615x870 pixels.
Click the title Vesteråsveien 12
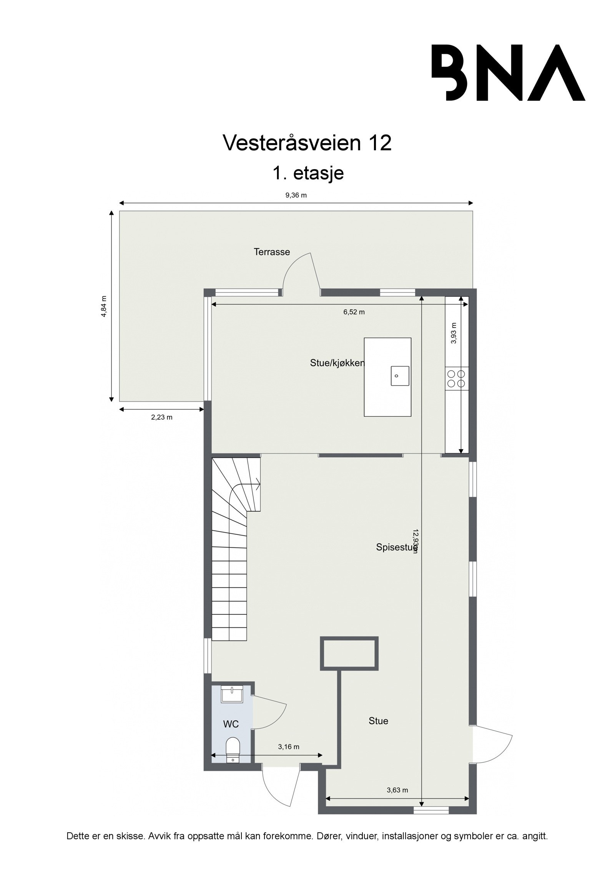pyautogui.click(x=307, y=143)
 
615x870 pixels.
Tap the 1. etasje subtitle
pyautogui.click(x=307, y=173)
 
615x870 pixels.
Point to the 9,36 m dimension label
pyautogui.click(x=296, y=195)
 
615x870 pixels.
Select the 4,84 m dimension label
pyautogui.click(x=103, y=306)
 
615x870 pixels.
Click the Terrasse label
pyautogui.click(x=272, y=252)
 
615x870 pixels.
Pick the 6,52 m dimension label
pyautogui.click(x=354, y=312)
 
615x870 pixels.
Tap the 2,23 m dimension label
pyautogui.click(x=162, y=417)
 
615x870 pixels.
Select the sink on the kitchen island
pyautogui.click(x=400, y=376)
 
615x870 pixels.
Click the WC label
pyautogui.click(x=231, y=724)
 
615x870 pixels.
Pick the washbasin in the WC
pyautogui.click(x=232, y=695)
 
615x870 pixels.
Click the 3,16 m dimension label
pyautogui.click(x=288, y=747)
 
